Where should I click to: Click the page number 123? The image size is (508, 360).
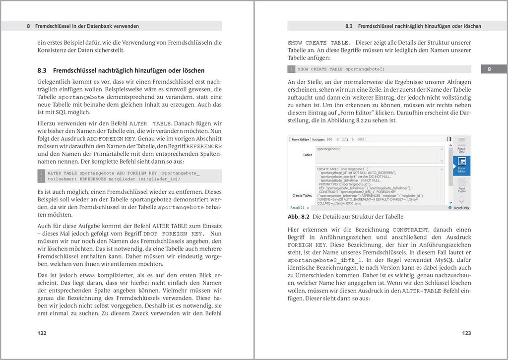tap(466, 333)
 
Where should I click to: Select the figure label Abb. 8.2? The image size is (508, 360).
tap(299, 217)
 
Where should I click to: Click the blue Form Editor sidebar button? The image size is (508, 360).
tap(461, 165)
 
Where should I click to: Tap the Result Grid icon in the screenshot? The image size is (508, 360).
tap(461, 145)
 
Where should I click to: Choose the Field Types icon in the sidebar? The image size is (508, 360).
tap(461, 186)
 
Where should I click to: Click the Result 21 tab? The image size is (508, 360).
tap(298, 208)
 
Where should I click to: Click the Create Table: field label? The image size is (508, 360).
tap(302, 195)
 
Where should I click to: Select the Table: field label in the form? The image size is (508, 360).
tap(308, 155)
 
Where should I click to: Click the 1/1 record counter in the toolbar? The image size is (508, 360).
tap(345, 139)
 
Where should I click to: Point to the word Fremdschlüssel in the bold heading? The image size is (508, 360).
tap(76, 71)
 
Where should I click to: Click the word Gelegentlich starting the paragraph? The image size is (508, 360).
tap(55, 80)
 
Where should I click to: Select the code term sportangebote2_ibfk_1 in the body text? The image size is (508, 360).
tap(325, 259)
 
